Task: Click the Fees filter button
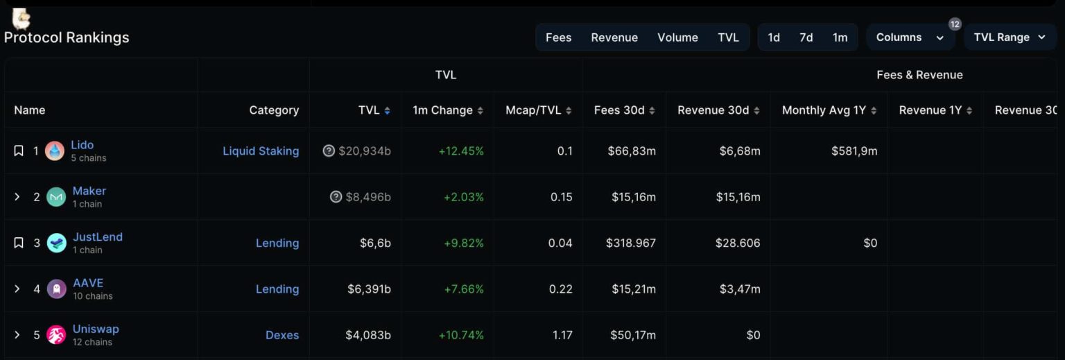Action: coord(558,37)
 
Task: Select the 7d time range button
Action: coord(806,37)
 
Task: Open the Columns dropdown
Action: coord(910,37)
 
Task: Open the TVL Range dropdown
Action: coord(1010,37)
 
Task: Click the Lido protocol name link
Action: coord(82,145)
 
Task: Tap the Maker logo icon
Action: coord(56,197)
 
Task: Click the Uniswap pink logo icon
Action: coord(56,335)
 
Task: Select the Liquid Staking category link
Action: coord(261,151)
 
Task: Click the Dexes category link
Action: coord(282,335)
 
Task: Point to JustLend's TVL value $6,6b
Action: coord(375,243)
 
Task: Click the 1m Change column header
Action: coord(442,110)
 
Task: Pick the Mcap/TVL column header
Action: coord(533,110)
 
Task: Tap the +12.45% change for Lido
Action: coord(461,151)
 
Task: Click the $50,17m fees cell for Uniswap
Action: coord(633,335)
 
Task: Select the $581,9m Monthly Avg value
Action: coord(854,151)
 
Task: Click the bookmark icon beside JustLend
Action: coord(19,243)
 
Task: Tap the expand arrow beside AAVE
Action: coord(18,289)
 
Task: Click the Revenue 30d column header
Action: coord(713,110)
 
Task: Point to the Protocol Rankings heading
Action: coord(67,37)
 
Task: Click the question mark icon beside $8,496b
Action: coord(336,197)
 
